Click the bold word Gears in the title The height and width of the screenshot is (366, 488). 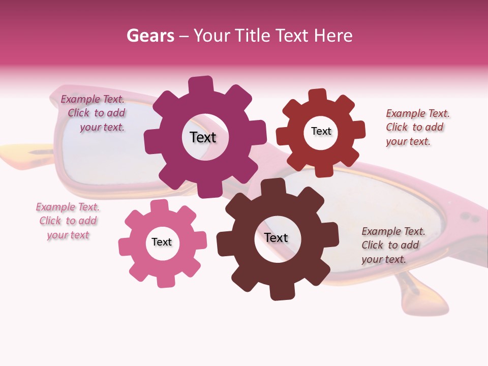click(150, 36)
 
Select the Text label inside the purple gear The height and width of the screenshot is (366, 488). click(203, 137)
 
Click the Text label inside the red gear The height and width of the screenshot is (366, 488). click(321, 131)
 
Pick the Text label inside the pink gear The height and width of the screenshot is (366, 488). click(162, 242)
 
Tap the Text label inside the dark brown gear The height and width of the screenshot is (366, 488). click(276, 237)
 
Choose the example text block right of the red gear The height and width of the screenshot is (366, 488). click(417, 127)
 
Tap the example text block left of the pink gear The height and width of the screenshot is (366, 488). click(68, 221)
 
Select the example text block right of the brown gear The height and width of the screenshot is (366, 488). click(393, 245)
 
